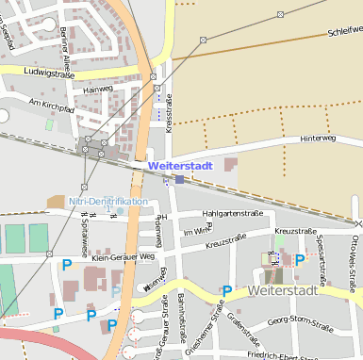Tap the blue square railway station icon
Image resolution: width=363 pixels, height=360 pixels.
(180, 178)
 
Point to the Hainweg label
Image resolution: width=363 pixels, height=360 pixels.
(97, 90)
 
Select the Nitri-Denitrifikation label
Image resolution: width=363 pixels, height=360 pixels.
(108, 202)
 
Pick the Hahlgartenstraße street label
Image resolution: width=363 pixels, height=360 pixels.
(232, 213)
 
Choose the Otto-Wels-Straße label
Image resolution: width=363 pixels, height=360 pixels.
(355, 254)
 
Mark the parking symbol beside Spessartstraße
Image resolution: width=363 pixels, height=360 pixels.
(300, 259)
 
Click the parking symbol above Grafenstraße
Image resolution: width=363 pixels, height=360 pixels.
(227, 290)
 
